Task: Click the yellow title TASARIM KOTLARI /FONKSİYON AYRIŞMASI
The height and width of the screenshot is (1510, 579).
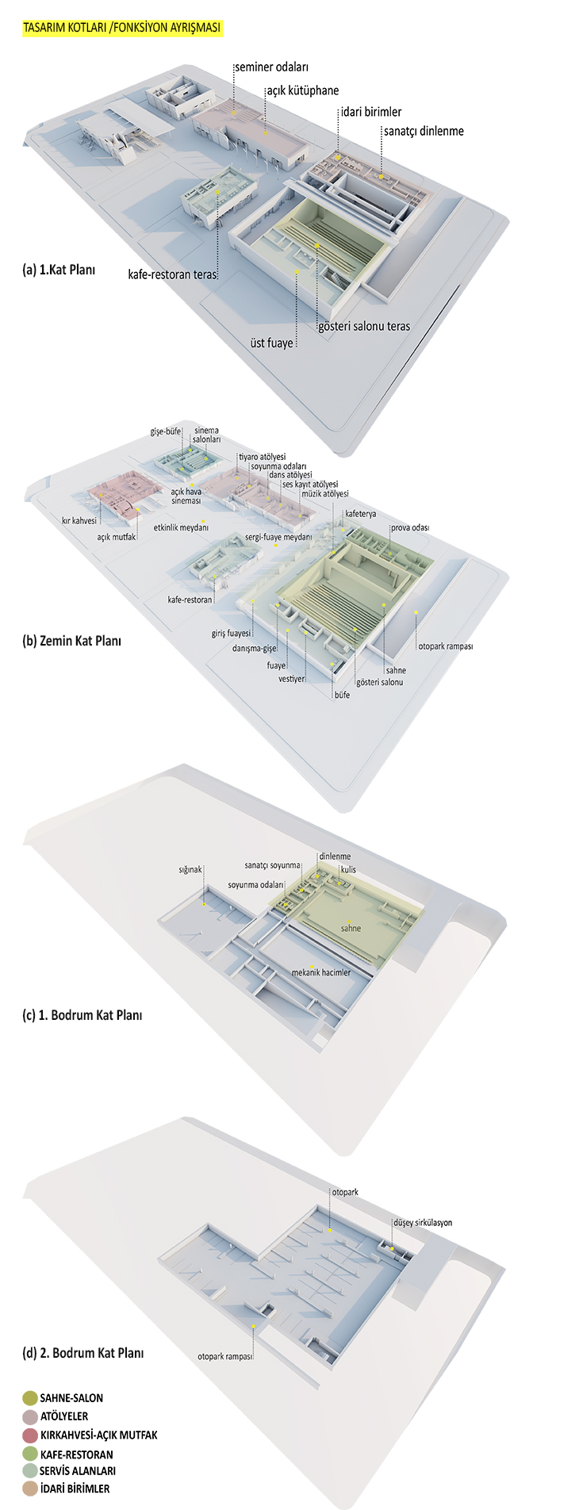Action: tap(122, 28)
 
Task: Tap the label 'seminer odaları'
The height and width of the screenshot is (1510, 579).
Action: tap(271, 67)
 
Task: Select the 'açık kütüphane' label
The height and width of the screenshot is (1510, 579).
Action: tap(302, 90)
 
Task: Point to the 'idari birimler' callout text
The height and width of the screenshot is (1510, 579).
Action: tap(371, 112)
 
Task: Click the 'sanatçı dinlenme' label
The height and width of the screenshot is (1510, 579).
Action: tap(424, 132)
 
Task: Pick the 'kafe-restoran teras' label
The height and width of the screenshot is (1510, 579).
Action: tap(172, 274)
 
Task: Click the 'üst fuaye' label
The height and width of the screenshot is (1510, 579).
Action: tap(271, 343)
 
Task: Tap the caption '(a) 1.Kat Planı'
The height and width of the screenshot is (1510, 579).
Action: tap(59, 270)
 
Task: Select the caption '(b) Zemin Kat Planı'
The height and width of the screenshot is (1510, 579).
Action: tap(71, 641)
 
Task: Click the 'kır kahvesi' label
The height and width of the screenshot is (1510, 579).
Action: tap(79, 521)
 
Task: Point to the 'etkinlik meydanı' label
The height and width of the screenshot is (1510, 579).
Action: tap(181, 527)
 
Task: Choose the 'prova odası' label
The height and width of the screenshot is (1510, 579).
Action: tap(410, 528)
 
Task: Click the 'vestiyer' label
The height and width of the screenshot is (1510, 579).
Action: tap(292, 679)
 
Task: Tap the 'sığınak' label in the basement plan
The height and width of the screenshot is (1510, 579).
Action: tap(190, 870)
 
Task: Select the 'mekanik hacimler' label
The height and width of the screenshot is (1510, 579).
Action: tap(320, 972)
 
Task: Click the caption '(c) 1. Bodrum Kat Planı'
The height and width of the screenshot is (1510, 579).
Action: tap(82, 1015)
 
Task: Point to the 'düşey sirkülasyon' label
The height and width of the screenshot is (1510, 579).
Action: tap(423, 1223)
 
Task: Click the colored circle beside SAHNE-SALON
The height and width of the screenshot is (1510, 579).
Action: tap(30, 1398)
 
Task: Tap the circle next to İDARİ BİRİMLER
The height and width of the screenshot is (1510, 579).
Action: tap(30, 1489)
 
